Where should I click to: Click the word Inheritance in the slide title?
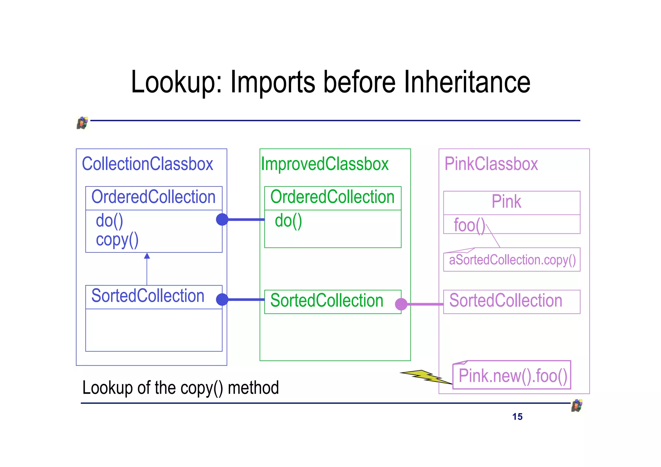pos(467,82)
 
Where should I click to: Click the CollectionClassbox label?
pos(147,164)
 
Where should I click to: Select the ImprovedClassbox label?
pos(325,164)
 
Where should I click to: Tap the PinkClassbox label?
pos(491,164)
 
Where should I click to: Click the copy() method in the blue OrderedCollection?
pos(117,240)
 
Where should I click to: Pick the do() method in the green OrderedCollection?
pos(288,221)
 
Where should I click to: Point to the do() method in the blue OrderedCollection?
pos(109,221)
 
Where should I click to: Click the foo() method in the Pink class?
pos(469,225)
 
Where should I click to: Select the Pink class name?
pos(506,202)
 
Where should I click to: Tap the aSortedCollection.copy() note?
pos(512,260)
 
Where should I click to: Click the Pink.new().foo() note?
pos(513,376)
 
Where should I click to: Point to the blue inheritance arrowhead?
pos(147,256)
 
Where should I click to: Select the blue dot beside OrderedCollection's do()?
pos(222,219)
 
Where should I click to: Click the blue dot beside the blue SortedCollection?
pos(222,299)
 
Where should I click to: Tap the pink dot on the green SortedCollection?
pos(401,304)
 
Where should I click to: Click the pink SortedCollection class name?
pos(505,301)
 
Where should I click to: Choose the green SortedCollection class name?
pos(327,301)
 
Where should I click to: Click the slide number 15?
pos(517,417)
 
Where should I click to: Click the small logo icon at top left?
pos(82,123)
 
